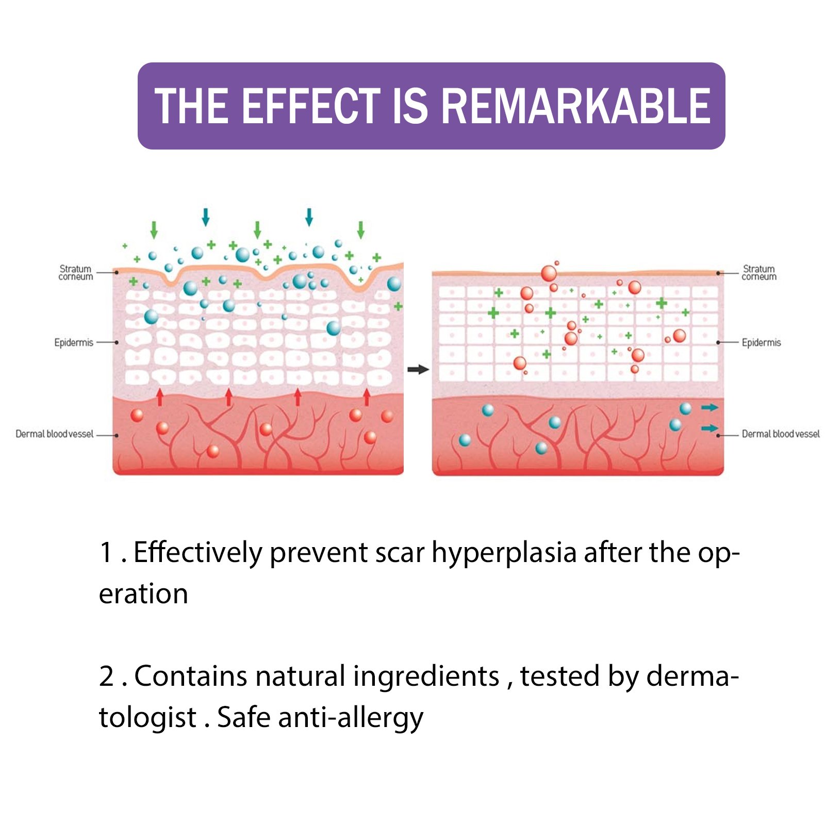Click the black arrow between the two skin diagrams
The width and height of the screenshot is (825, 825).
click(418, 369)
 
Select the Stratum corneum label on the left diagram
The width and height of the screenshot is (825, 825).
click(76, 273)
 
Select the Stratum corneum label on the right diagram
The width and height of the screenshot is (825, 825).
click(759, 273)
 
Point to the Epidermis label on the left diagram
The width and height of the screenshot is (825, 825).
click(74, 342)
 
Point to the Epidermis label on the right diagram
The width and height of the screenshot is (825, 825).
click(761, 342)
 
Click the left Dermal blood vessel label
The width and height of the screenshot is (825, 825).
click(54, 434)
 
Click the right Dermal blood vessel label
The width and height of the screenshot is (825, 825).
click(781, 434)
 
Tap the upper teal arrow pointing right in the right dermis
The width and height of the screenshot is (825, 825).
click(709, 407)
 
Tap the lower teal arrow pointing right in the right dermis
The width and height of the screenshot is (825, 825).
click(709, 428)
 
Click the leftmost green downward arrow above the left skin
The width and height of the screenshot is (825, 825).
click(154, 230)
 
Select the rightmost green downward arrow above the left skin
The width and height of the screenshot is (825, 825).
click(361, 230)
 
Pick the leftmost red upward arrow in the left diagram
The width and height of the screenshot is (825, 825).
click(160, 397)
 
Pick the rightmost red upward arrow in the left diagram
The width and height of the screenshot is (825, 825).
click(367, 397)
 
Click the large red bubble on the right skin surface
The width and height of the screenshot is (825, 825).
click(549, 273)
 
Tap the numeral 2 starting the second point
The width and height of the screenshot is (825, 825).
click(107, 676)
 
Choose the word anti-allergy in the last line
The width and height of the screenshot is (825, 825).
click(351, 718)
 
